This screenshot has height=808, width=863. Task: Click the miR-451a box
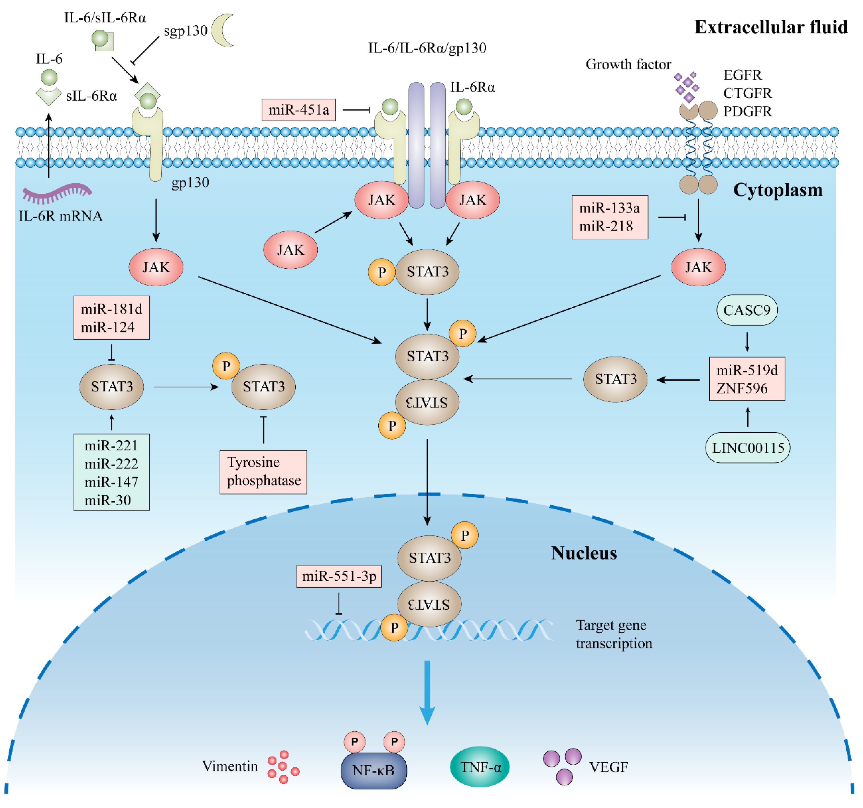[299, 110]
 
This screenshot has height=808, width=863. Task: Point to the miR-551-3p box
[339, 576]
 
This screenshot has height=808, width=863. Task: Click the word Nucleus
[584, 553]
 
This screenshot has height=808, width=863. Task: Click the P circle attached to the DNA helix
[394, 627]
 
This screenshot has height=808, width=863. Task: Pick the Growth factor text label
[628, 64]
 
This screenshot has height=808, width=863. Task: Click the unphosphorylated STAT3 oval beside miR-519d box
[615, 379]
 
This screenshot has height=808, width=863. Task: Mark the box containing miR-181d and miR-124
[112, 318]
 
